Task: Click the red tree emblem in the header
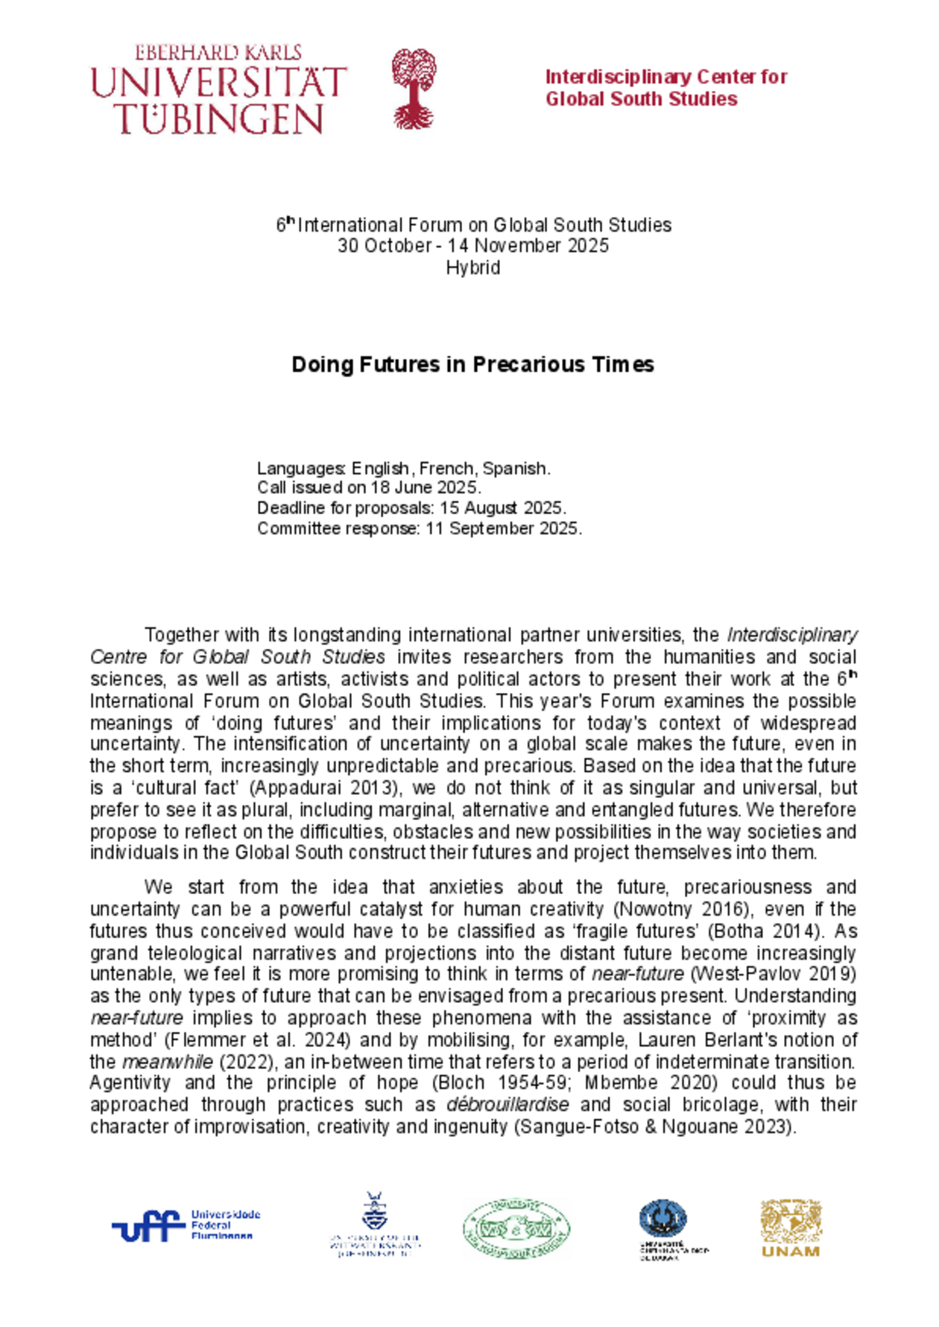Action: (x=414, y=89)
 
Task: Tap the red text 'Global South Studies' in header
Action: (x=641, y=99)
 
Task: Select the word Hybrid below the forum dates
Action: (x=472, y=267)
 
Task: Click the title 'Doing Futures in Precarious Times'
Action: (x=472, y=364)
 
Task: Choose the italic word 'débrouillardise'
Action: (x=508, y=1105)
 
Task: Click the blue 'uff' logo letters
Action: (x=148, y=1227)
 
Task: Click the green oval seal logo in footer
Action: (x=516, y=1228)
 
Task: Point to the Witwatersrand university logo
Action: (x=375, y=1226)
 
